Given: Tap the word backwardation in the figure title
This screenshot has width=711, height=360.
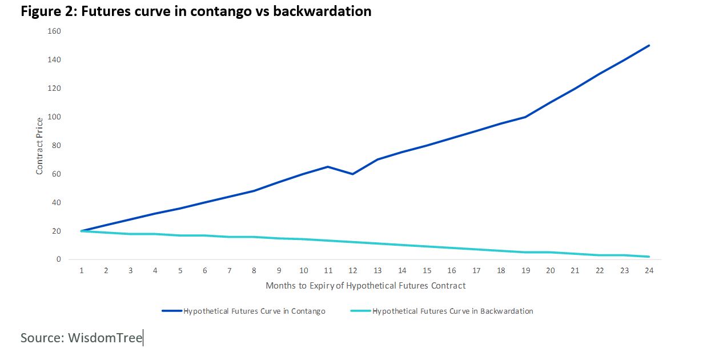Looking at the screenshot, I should tap(322, 11).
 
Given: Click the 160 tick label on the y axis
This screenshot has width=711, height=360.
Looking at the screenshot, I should tap(54, 31).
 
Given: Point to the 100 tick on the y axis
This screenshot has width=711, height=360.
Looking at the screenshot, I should tap(54, 117).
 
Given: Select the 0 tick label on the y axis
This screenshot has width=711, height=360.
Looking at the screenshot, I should tap(58, 259).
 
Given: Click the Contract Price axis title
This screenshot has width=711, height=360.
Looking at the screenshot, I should tap(39, 146).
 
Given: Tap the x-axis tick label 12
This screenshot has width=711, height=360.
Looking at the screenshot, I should tap(353, 271).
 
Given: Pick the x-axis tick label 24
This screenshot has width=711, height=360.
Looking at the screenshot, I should tap(649, 271).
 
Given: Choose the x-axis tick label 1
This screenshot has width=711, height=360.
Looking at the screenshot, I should tap(82, 271).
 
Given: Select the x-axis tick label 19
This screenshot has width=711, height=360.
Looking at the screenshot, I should tap(525, 271).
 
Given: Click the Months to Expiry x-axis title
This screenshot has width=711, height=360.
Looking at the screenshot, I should tap(365, 286).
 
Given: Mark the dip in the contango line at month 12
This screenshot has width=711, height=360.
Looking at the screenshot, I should tap(353, 174).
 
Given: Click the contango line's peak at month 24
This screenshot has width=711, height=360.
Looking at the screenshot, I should tap(649, 46).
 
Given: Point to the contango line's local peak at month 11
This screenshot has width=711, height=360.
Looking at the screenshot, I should tap(328, 167).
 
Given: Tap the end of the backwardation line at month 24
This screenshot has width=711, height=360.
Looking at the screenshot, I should tap(649, 257).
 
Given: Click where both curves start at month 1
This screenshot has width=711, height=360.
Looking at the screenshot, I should tap(82, 231).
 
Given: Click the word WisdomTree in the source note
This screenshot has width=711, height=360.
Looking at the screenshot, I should tap(105, 338).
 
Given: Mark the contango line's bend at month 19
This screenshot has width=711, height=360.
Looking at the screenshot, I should tap(525, 117).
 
